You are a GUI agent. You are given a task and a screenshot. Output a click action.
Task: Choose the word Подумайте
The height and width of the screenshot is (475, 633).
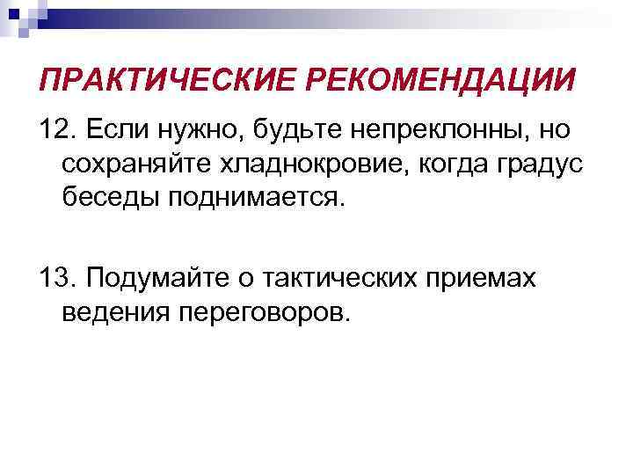click(163, 278)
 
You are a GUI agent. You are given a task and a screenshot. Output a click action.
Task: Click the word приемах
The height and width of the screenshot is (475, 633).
click(493, 280)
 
